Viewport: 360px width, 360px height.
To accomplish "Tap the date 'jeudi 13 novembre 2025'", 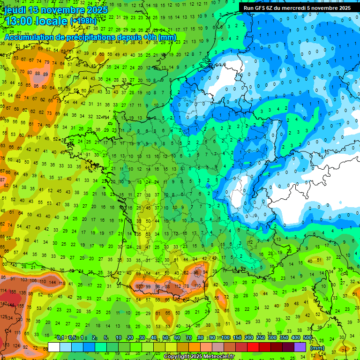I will (x=56, y=10).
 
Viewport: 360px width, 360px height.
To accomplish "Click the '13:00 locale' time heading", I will (x=36, y=21).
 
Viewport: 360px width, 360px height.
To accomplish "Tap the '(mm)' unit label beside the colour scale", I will (x=317, y=348).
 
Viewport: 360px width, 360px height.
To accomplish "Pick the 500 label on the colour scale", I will (x=307, y=338).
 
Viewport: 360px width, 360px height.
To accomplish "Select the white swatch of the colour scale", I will (x=54, y=347).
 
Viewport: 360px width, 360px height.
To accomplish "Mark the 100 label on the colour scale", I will (x=226, y=338).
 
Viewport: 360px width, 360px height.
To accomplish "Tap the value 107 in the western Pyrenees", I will (x=139, y=286).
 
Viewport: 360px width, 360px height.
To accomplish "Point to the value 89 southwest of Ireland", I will (x=45, y=74).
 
